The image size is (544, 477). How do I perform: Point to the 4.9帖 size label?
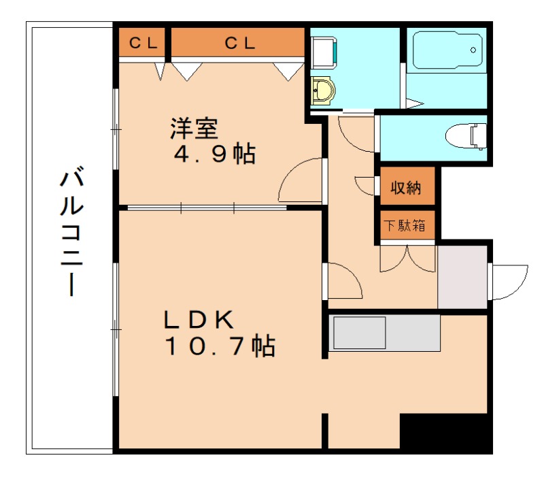(x=214, y=154)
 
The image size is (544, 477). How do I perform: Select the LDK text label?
(x=199, y=318)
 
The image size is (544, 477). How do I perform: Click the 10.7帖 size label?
(x=219, y=346)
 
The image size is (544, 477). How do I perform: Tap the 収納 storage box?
(x=405, y=187)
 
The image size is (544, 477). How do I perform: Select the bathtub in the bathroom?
(x=446, y=50)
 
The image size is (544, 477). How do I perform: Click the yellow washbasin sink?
(x=323, y=90)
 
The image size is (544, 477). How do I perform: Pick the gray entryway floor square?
(x=462, y=277)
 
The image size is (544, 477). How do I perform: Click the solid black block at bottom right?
(x=445, y=431)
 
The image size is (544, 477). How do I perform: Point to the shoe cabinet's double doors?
(x=407, y=258)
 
